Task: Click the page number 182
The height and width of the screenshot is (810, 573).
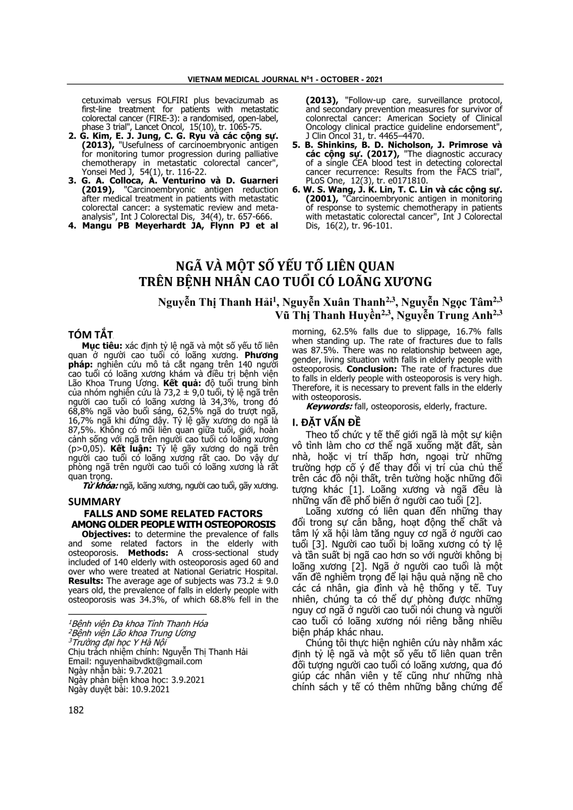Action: click(76, 710)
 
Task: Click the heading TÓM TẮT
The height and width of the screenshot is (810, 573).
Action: click(91, 335)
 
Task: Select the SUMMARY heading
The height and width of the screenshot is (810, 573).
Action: click(94, 501)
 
